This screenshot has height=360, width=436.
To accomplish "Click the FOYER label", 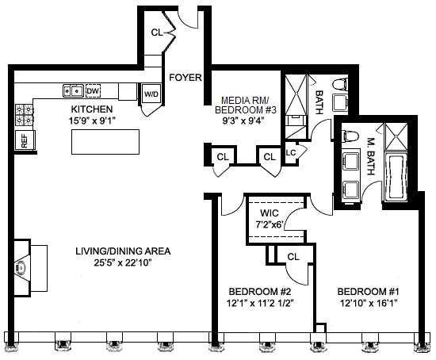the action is pos(185,78).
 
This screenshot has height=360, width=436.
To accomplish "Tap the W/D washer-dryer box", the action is pos(151,94).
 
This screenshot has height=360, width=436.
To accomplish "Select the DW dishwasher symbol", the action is pos(93,90).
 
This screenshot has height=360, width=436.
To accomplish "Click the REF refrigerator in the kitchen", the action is pos(25,140).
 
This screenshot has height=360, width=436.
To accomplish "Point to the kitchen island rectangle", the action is pos(105,142).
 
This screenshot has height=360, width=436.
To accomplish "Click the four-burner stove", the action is pos(25,115).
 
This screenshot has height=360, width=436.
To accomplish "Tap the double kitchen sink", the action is pos(73,90).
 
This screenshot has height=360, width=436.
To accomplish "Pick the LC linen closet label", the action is pos(291,152).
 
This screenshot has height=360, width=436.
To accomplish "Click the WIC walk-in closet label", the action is pos(270,213).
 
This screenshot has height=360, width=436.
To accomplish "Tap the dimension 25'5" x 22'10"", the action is pos(122,263).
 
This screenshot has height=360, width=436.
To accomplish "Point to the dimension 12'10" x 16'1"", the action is pos(369,303).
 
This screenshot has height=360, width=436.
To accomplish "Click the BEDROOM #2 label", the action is pos(259,292).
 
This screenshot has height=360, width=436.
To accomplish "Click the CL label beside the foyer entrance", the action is pos(157,33).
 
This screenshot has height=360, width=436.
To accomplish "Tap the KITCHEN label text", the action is pos(92,109).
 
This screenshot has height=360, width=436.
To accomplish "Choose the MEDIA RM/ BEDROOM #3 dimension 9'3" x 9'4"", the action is pos(243,121).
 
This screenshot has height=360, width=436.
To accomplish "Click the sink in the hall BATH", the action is pos(340,104).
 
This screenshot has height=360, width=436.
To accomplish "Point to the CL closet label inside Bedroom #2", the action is pos(293,256).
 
